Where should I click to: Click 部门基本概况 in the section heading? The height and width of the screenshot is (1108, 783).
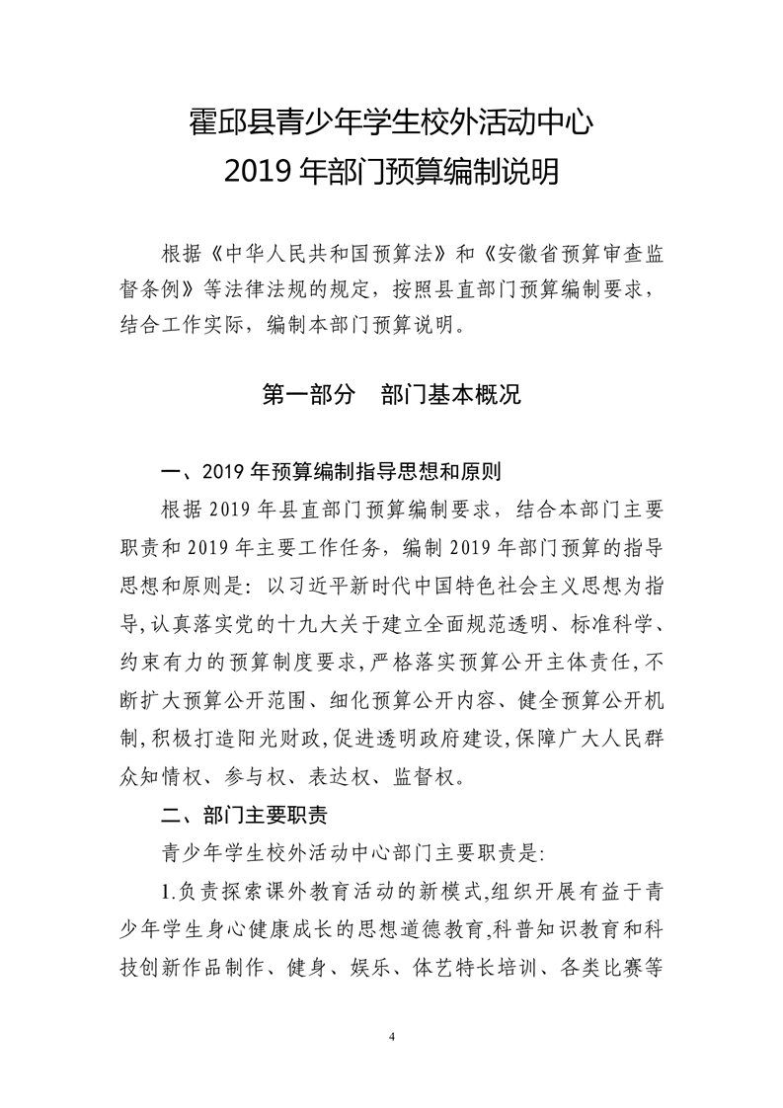coord(450,396)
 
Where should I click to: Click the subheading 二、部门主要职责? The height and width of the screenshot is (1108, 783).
coord(244,816)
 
